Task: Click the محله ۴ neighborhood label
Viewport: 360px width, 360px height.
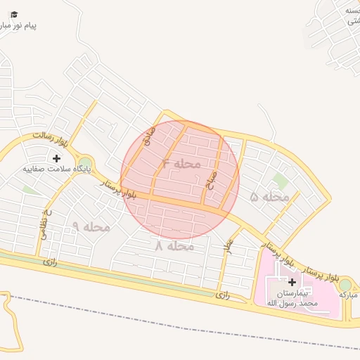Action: click(181, 164)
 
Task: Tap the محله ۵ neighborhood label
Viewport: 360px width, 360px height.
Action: click(270, 197)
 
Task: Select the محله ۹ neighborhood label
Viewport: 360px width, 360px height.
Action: click(91, 226)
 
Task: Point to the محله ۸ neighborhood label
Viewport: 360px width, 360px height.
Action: click(174, 246)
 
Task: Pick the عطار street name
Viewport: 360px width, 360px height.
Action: click(228, 245)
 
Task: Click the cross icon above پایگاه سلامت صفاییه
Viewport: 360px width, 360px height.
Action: click(56, 158)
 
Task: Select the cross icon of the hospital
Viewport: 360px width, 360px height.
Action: click(292, 281)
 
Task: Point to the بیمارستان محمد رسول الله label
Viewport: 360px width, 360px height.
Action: click(292, 297)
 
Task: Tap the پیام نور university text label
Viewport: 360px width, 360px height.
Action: click(17, 26)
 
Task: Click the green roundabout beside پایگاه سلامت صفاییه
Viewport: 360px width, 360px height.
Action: click(85, 164)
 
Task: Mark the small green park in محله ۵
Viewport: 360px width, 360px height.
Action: click(281, 181)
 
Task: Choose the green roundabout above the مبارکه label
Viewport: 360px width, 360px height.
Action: click(345, 284)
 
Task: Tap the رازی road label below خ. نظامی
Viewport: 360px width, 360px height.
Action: click(49, 261)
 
